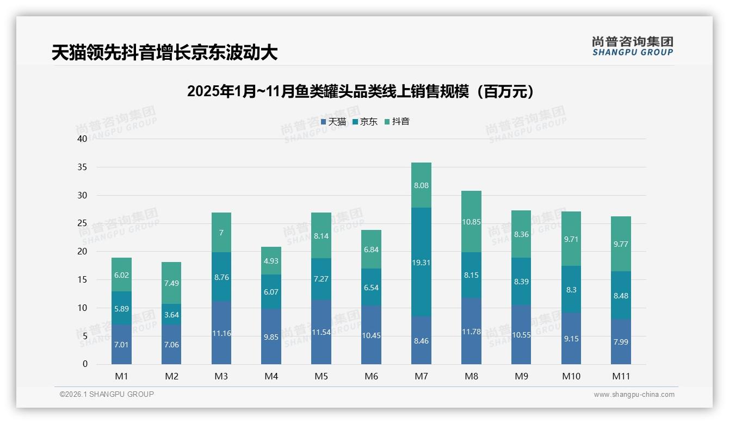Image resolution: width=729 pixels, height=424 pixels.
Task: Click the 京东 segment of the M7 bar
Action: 421,262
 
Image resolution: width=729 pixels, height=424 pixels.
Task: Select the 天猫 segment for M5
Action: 321,332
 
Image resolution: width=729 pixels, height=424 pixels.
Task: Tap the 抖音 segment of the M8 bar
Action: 471,221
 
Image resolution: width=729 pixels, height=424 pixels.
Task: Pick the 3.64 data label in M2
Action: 171,314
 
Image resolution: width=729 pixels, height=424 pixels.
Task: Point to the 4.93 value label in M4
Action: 271,261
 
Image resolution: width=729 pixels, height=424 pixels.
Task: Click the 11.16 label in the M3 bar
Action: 221,333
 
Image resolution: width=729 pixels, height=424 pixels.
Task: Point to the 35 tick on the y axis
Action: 82,167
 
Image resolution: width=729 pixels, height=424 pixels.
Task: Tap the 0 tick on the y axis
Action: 85,364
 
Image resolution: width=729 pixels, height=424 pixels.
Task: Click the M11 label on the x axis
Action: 621,376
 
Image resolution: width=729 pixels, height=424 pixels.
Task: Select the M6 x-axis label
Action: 371,376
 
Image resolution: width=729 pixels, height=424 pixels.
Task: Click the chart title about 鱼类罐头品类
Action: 360,91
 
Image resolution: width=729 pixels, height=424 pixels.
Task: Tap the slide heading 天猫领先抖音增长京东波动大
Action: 164,53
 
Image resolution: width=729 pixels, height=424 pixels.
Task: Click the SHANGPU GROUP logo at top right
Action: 632,46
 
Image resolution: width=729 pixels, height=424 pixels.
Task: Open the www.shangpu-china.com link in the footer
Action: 634,395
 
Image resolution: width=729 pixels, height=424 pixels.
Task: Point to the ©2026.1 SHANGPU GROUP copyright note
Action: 107,394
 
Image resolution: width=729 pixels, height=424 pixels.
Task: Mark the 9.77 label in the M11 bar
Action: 621,244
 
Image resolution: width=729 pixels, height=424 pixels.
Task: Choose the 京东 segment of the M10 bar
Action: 571,289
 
